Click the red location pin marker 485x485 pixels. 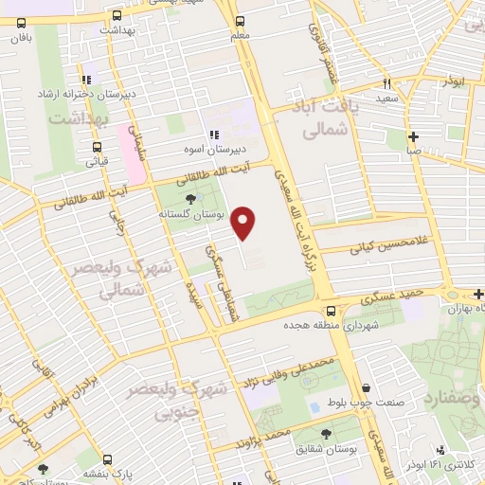(244, 222)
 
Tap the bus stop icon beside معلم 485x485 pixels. (240, 20)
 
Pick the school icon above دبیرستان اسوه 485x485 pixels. (214, 135)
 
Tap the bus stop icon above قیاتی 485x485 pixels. (97, 147)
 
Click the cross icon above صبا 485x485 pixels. (413, 136)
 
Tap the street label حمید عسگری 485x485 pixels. (391, 296)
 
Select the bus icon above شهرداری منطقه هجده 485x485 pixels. (329, 310)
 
